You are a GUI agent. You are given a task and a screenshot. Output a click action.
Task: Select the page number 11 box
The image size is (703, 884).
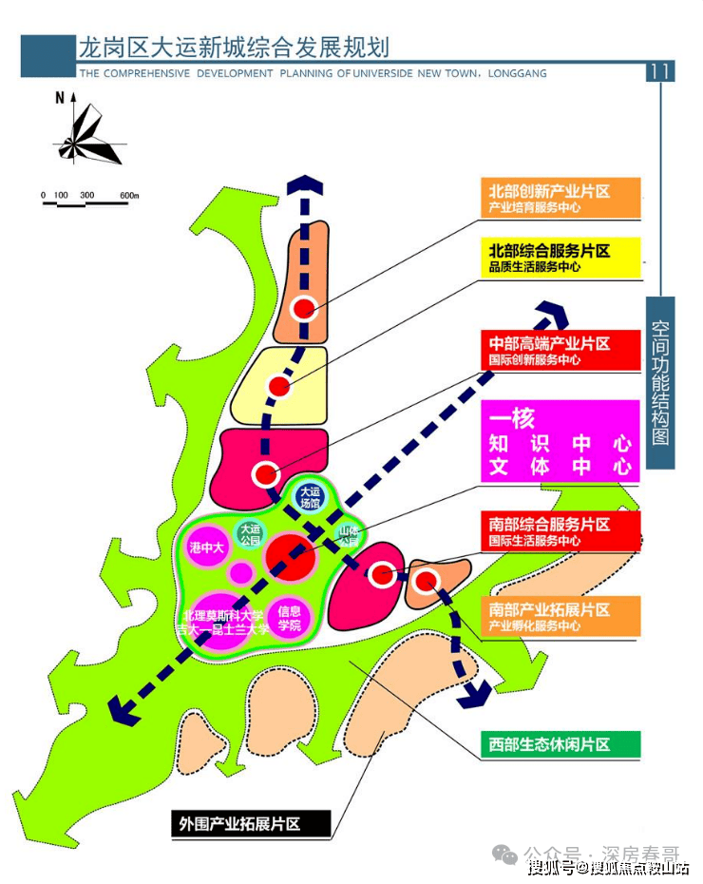pos(660,71)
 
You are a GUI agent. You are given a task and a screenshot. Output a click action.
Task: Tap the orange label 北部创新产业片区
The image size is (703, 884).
pos(560,198)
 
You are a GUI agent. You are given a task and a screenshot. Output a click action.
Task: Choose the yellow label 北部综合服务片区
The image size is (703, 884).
pos(560,257)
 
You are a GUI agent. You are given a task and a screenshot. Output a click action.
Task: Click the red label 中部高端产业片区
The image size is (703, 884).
pos(560,350)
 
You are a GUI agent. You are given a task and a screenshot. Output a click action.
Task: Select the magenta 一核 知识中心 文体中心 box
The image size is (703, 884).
pos(560,442)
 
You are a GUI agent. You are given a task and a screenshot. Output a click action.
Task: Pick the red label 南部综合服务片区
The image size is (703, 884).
pos(560,531)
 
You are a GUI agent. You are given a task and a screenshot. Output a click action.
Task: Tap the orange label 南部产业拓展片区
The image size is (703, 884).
pos(560,616)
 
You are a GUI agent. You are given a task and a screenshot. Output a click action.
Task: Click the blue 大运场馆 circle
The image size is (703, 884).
pos(309,496)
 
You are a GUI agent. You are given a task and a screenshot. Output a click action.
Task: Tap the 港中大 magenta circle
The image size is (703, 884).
pos(206,548)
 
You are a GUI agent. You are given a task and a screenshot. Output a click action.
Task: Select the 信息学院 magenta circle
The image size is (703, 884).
pos(290,618)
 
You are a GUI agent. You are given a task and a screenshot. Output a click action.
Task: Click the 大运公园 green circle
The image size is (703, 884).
pos(250,534)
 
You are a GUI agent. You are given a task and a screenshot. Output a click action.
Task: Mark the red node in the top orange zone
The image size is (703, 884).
pos(304,308)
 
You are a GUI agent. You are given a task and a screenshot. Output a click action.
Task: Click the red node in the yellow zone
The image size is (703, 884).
pos(278,387)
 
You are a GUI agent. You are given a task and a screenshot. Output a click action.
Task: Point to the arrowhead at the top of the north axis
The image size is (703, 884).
pos(305,186)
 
